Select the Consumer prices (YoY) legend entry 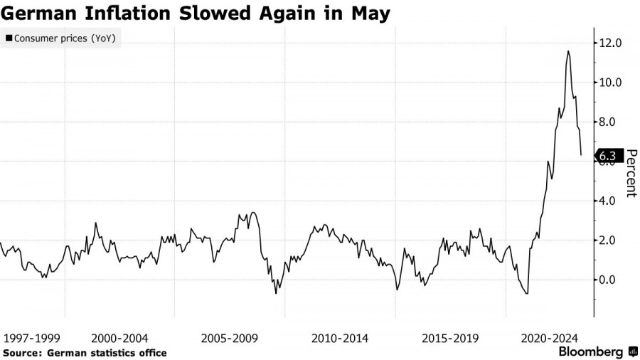[63, 38]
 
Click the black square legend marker [8, 38]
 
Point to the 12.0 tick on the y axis [612, 43]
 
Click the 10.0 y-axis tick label [612, 83]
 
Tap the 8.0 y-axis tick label [612, 122]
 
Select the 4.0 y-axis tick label [612, 201]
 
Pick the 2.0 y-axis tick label [612, 240]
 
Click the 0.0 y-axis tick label [612, 280]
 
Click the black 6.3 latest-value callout [609, 156]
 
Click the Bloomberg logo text [592, 351]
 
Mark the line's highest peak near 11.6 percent [568, 51]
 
